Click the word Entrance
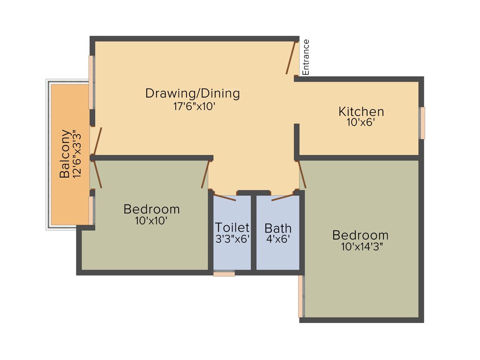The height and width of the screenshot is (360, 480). pyautogui.click(x=306, y=57)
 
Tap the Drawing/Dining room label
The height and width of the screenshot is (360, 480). pyautogui.click(x=192, y=93)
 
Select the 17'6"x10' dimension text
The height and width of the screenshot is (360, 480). pyautogui.click(x=194, y=106)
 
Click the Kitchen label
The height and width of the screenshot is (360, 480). pyautogui.click(x=361, y=112)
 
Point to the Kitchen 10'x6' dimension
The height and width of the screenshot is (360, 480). pyautogui.click(x=361, y=123)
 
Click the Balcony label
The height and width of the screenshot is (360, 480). pyautogui.click(x=65, y=154)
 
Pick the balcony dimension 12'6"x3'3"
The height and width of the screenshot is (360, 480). pyautogui.click(x=78, y=154)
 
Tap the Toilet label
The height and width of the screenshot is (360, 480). pyautogui.click(x=232, y=228)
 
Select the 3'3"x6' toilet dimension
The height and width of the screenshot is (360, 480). pyautogui.click(x=232, y=239)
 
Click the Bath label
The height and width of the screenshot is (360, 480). pyautogui.click(x=278, y=228)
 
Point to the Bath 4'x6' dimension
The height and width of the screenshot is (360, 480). pyautogui.click(x=277, y=239)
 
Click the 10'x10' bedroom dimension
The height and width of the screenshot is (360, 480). pyautogui.click(x=151, y=220)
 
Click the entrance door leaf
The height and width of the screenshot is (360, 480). pyautogui.click(x=292, y=58)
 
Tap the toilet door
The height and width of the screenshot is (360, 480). pyautogui.click(x=225, y=196)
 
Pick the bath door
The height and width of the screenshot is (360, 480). pyautogui.click(x=283, y=196)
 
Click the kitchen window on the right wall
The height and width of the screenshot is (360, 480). pyautogui.click(x=422, y=123)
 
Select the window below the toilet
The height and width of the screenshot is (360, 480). pyautogui.click(x=224, y=273)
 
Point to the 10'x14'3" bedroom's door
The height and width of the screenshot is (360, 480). pyautogui.click(x=302, y=174)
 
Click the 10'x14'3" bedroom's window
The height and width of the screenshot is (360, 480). pyautogui.click(x=300, y=296)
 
